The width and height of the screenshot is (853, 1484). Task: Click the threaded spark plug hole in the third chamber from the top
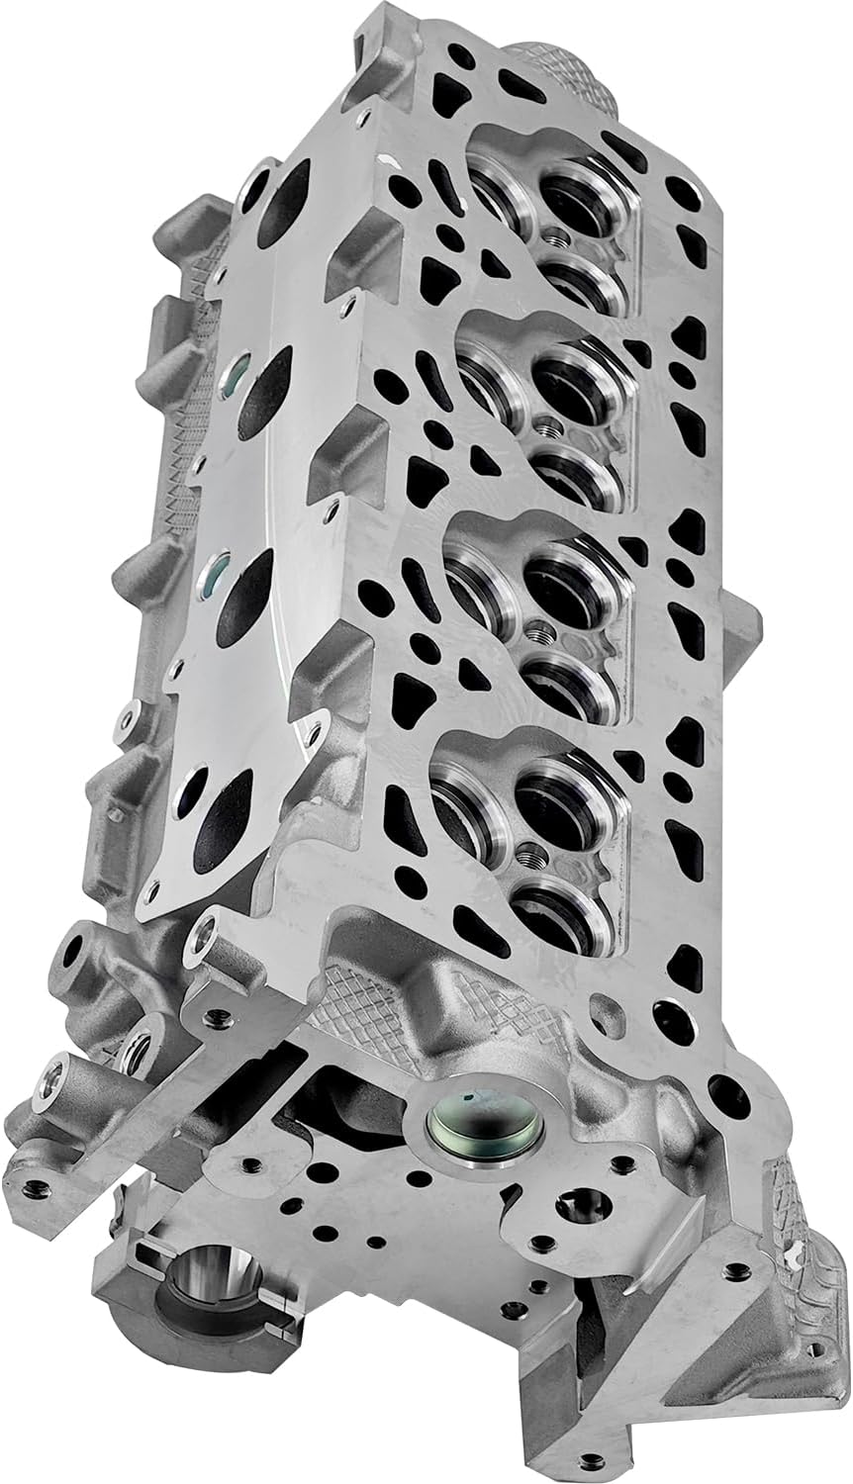coord(540,633)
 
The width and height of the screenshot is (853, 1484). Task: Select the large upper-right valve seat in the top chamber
coord(585,203)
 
